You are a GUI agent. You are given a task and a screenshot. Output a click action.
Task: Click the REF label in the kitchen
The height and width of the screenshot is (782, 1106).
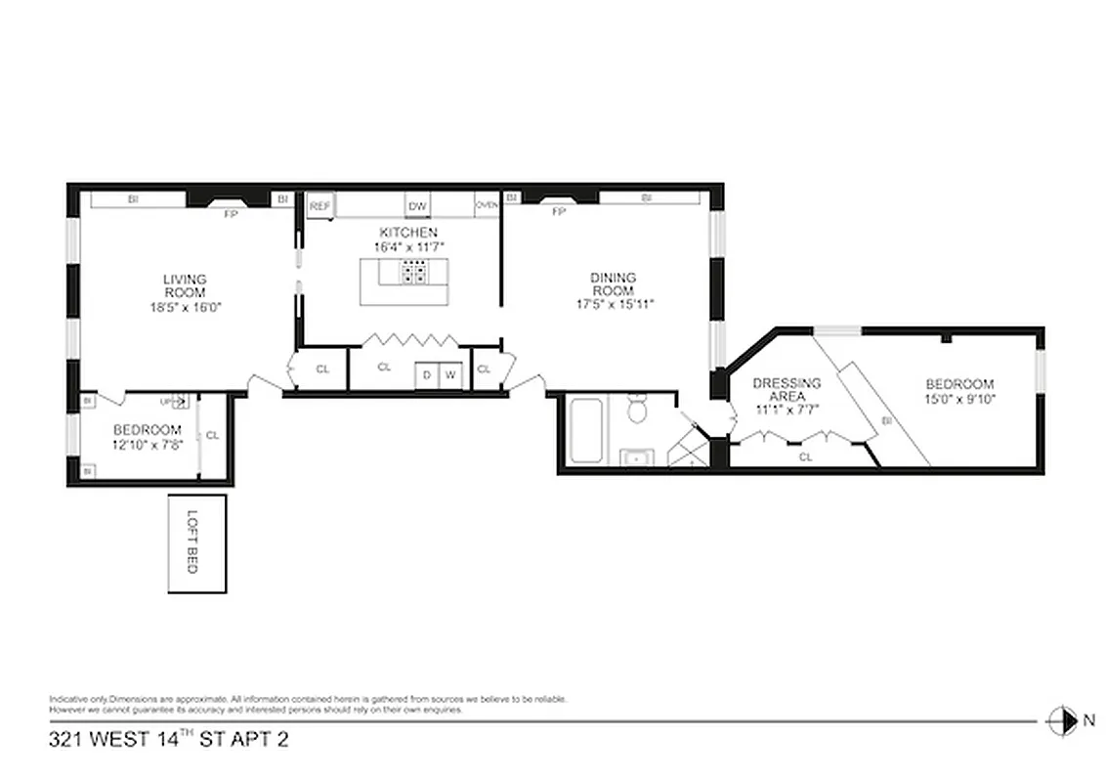pyautogui.click(x=319, y=206)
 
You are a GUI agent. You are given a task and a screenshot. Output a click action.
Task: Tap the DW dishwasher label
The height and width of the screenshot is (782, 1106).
pyautogui.click(x=417, y=206)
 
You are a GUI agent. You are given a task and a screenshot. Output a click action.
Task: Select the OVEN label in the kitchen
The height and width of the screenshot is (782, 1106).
pyautogui.click(x=487, y=205)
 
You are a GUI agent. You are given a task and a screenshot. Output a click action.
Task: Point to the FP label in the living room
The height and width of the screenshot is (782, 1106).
pyautogui.click(x=232, y=213)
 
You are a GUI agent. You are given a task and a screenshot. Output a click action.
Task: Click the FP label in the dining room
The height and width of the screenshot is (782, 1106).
pyautogui.click(x=559, y=211)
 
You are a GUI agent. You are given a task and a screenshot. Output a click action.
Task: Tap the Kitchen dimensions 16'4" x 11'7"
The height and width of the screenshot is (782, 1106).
pyautogui.click(x=409, y=246)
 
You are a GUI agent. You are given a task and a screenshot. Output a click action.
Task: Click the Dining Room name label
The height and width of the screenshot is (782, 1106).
pyautogui.click(x=613, y=284)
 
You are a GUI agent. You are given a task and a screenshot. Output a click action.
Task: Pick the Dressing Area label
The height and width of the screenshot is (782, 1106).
pyautogui.click(x=787, y=390)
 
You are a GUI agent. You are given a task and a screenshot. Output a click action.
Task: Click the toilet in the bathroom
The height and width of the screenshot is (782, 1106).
pyautogui.click(x=637, y=410)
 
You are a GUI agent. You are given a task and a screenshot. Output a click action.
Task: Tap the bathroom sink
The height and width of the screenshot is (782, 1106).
pyautogui.click(x=637, y=456)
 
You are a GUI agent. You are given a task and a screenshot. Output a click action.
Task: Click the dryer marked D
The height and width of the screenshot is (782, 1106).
pyautogui.click(x=427, y=375)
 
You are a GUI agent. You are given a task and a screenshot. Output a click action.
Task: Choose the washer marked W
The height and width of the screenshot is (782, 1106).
pyautogui.click(x=450, y=375)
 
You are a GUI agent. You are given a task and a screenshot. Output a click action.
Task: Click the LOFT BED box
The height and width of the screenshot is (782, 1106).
pyautogui.click(x=197, y=543)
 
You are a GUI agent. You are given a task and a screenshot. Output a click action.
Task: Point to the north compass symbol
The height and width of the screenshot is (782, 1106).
pyautogui.click(x=1059, y=720)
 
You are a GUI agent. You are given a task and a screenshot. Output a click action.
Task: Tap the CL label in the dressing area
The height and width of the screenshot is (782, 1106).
pyautogui.click(x=805, y=456)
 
